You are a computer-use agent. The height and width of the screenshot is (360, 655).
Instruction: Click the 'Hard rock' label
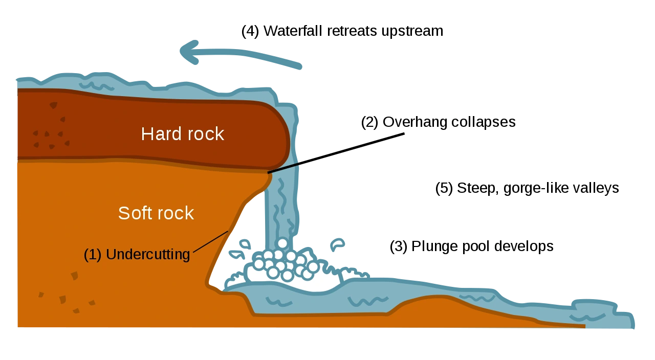[183, 134]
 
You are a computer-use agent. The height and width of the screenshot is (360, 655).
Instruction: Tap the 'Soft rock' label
[156, 213]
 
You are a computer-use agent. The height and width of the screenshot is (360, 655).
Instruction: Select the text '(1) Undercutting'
[137, 254]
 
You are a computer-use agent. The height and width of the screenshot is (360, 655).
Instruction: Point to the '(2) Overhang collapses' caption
[439, 122]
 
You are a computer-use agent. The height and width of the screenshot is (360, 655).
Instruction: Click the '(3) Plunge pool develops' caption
[472, 246]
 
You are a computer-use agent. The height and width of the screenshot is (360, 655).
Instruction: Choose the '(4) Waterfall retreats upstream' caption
[342, 31]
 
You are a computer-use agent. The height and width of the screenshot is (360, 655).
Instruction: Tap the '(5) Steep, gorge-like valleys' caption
[527, 188]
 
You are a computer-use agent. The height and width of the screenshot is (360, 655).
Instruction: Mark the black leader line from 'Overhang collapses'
[336, 153]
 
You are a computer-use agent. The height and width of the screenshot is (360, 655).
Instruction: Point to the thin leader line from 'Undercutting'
[210, 241]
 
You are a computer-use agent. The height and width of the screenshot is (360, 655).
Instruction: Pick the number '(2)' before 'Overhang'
[369, 122]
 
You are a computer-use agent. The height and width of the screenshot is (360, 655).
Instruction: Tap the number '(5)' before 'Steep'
[444, 188]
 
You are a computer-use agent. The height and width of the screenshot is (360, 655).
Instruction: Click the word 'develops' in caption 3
[523, 246]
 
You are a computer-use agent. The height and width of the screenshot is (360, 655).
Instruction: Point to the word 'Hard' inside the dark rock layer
[161, 134]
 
